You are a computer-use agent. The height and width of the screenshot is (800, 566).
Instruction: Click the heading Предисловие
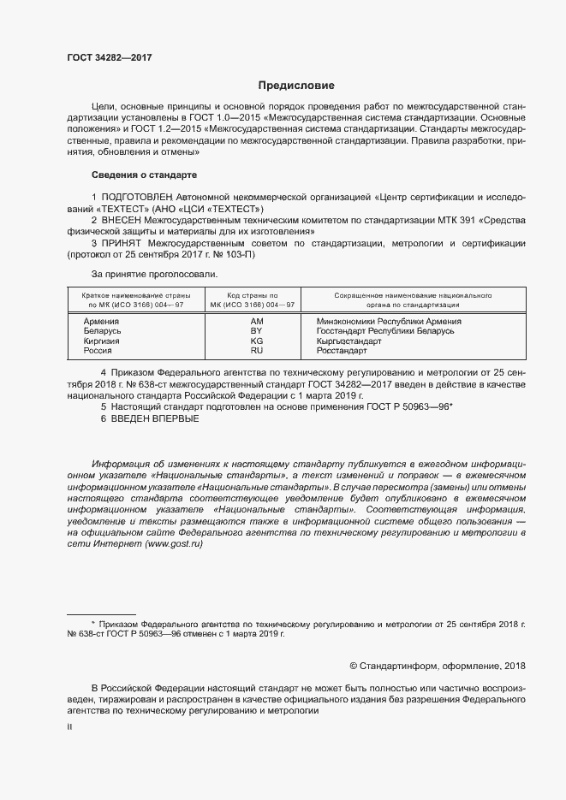tap(296, 86)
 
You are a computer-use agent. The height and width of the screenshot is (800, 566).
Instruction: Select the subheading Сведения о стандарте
tap(144, 175)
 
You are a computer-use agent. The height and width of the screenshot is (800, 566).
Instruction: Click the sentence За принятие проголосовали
tap(154, 275)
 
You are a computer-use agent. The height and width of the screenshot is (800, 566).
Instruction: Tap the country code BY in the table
tap(256, 331)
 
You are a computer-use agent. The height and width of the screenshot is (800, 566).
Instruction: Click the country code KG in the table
tap(256, 341)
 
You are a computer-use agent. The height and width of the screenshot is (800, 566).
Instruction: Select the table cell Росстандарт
tap(342, 351)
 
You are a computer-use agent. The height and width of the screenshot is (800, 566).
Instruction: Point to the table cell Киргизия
tap(102, 341)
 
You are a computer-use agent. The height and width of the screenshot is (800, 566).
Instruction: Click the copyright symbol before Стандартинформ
tap(354, 666)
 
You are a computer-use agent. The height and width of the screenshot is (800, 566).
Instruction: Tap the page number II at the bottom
tap(70, 726)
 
